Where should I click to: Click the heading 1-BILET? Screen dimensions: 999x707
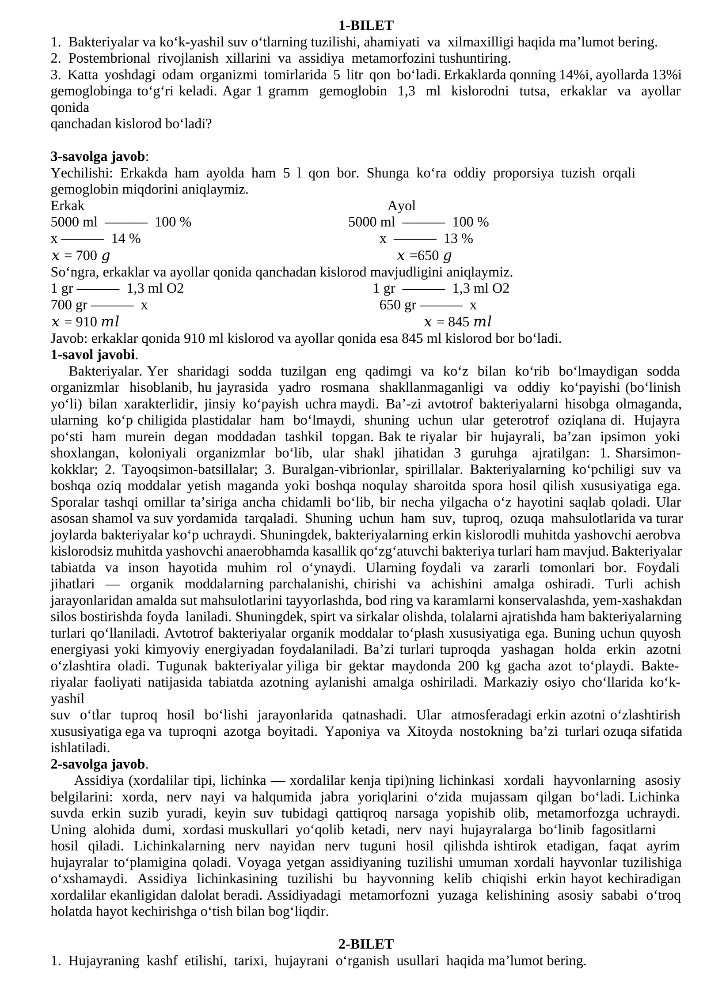click(x=365, y=26)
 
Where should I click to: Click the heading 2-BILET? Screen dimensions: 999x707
click(x=365, y=944)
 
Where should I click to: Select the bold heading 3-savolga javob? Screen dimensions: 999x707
click(x=98, y=156)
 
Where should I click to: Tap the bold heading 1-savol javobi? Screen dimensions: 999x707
click(x=93, y=355)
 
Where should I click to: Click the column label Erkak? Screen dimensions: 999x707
click(x=67, y=206)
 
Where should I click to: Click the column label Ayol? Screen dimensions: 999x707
click(x=401, y=206)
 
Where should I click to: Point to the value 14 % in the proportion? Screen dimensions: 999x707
click(x=125, y=239)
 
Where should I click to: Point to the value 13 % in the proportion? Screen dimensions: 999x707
click(x=458, y=239)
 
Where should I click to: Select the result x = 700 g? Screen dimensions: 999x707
click(x=80, y=256)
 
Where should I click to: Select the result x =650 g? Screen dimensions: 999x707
click(x=424, y=256)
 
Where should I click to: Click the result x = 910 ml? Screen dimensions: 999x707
click(x=85, y=322)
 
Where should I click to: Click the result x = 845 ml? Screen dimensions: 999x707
click(x=457, y=322)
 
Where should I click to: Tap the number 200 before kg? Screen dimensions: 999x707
click(x=468, y=666)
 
